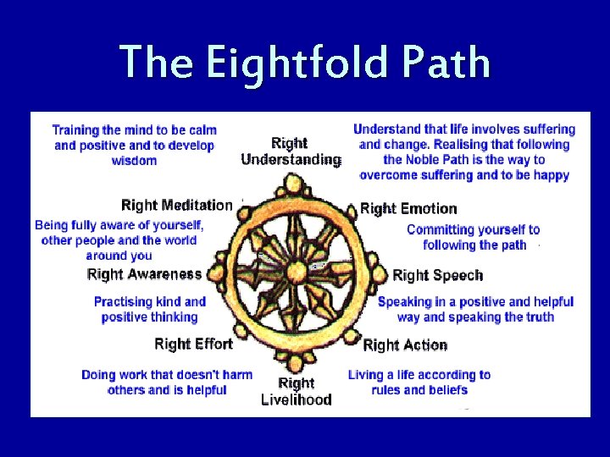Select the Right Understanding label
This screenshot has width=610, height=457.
[291, 151]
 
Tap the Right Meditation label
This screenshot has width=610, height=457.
[176, 205]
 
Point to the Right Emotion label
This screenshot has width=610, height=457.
[408, 208]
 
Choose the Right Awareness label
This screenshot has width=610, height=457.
[144, 273]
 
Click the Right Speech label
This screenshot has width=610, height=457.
[438, 275]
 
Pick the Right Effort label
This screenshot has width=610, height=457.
[193, 344]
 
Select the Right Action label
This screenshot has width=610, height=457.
[405, 344]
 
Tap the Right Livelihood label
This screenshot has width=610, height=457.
[296, 391]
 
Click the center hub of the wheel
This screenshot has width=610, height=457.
[295, 271]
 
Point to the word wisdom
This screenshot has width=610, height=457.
[134, 161]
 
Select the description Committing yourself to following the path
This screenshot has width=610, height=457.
[473, 237]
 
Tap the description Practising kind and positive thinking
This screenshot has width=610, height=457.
[150, 309]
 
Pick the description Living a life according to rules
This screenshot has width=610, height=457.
[419, 383]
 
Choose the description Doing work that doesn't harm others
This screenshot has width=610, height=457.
[167, 383]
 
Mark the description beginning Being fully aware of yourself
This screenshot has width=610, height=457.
[119, 240]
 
